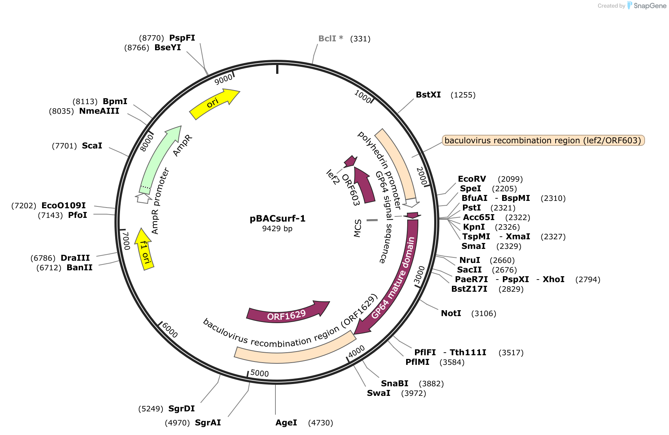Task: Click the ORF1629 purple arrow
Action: [x=287, y=314]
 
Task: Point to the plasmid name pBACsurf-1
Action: [x=278, y=219]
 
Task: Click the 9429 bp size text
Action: [x=277, y=229]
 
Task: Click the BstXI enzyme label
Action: [x=428, y=95]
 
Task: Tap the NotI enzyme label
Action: [x=451, y=313]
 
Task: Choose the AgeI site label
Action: [x=286, y=422]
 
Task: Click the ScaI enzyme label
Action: [x=92, y=145]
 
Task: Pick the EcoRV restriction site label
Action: [x=472, y=179]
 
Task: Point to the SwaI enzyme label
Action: [x=378, y=393]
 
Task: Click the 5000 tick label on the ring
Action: [x=260, y=373]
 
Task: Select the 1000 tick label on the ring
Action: [x=363, y=96]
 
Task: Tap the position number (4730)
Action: [x=320, y=422]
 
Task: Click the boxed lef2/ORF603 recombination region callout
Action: [x=543, y=140]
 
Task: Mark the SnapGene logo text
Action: [x=650, y=6]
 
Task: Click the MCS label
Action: [x=357, y=228]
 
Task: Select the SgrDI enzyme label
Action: [x=181, y=408]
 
